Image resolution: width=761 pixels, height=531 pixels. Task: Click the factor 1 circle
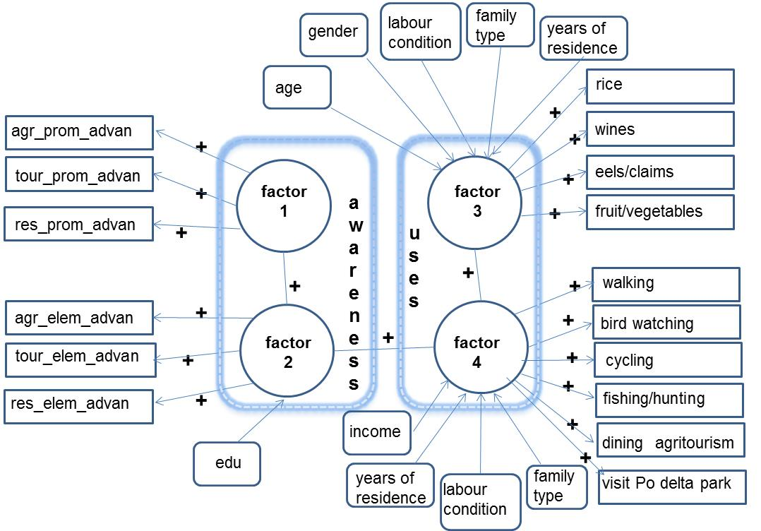283,202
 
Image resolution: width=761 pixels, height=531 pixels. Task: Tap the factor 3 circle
476,201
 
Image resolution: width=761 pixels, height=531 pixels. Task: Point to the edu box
227,463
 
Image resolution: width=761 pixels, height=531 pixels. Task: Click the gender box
333,32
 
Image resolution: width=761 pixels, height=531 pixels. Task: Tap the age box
296,88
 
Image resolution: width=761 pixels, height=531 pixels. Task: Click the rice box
659,86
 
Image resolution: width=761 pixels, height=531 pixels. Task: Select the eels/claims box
659,172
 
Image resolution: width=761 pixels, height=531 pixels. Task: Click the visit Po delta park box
671,486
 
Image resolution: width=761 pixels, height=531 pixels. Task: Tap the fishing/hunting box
669,400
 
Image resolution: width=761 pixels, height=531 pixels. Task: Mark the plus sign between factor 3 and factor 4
467,273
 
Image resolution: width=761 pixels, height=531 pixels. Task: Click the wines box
659,129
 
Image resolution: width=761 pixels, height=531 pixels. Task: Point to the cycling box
667,360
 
